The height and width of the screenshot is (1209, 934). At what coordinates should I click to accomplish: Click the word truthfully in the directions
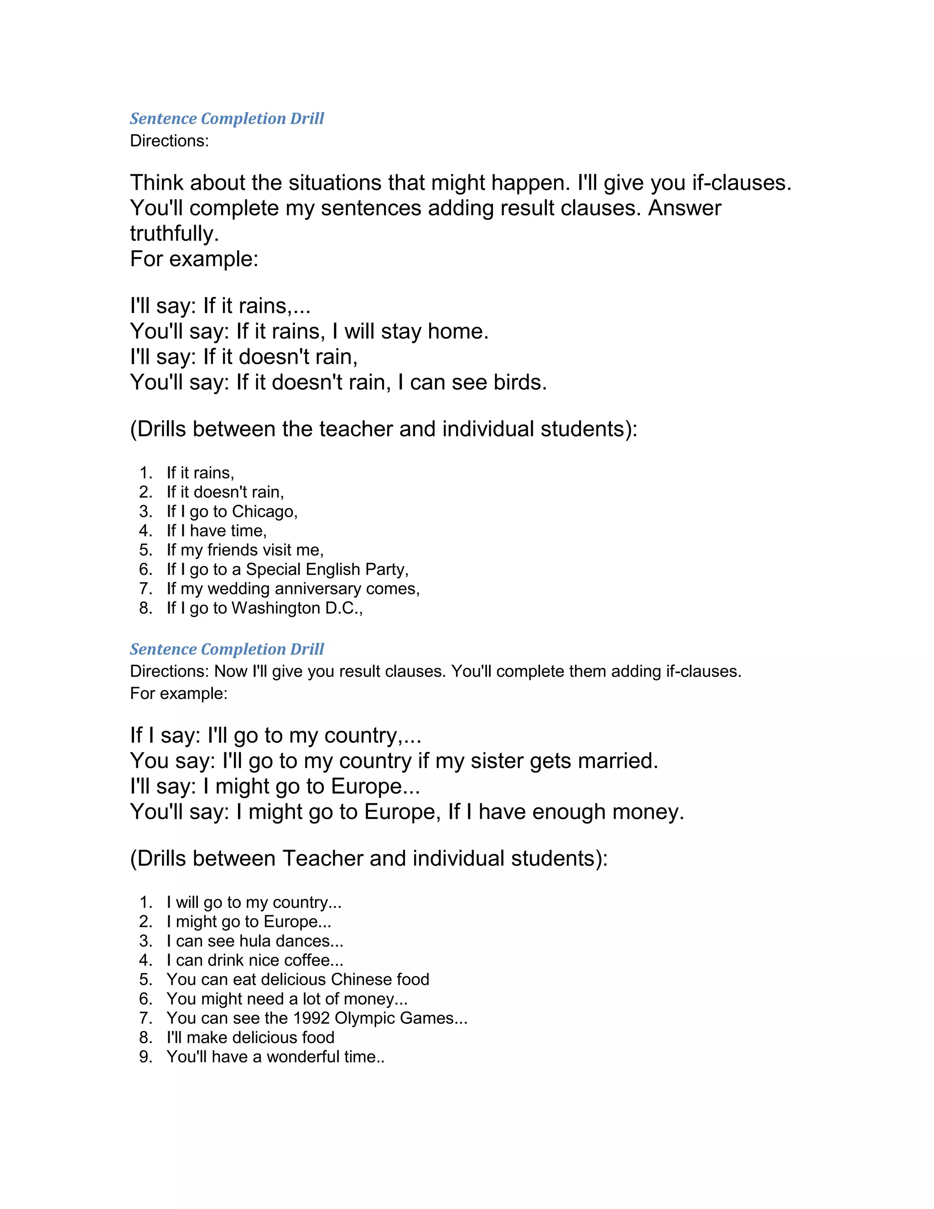(174, 234)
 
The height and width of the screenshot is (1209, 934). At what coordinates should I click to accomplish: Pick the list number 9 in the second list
(145, 1057)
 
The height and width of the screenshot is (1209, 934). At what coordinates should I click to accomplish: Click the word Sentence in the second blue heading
(163, 649)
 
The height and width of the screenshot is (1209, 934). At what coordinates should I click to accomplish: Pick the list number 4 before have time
(145, 531)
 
